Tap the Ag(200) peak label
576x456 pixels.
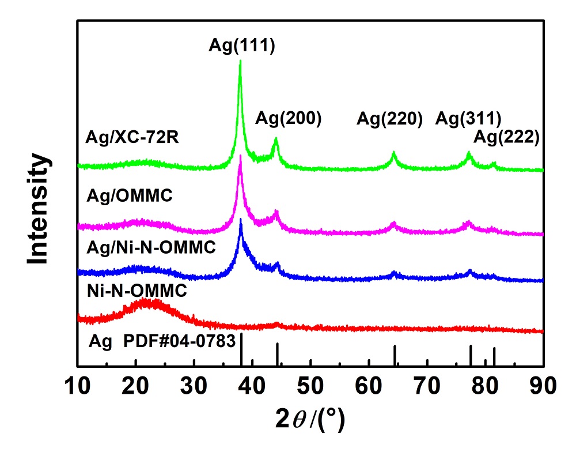coord(288,119)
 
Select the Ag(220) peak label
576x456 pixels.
coord(390,119)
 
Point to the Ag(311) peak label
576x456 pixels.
coord(468,119)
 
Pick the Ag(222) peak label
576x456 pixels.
coord(506,137)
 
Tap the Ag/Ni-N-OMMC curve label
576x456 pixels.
coord(150,247)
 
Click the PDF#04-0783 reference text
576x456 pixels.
coord(180,341)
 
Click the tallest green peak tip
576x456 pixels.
coord(240,61)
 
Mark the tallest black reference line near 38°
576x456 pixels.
coord(242,349)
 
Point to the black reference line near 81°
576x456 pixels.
coord(494,356)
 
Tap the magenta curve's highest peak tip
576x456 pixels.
coord(240,156)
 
